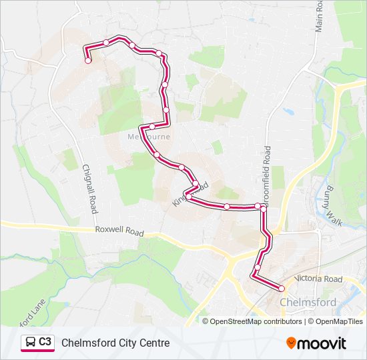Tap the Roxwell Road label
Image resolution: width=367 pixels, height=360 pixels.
click(119, 232)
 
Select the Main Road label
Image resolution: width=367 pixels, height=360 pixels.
click(319, 17)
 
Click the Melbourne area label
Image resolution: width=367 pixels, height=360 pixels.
click(149, 137)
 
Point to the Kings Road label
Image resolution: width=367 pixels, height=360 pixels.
click(190, 193)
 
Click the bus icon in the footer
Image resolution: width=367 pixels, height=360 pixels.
click(31, 343)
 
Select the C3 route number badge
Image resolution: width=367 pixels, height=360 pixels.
click(45, 342)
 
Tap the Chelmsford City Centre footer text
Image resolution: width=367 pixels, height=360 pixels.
click(115, 343)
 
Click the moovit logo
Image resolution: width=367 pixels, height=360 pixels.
click(316, 343)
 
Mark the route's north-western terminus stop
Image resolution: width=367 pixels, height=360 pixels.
click(88, 61)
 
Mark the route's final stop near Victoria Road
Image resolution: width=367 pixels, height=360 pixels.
click(282, 289)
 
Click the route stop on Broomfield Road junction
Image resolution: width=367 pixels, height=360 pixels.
click(264, 208)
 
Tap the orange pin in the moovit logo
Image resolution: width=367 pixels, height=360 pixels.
click(291, 343)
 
